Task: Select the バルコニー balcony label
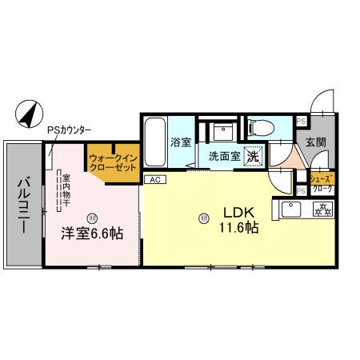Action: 22,205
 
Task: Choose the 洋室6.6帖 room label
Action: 93,234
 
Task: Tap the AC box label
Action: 154,179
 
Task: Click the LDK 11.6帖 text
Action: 238,220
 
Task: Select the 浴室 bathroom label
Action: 179,143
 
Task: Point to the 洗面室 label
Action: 224,157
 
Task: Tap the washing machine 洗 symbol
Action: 253,157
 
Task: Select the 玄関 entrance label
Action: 314,142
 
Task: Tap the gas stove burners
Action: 324,210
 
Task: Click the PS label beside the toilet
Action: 301,121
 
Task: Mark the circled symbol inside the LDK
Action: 203,216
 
